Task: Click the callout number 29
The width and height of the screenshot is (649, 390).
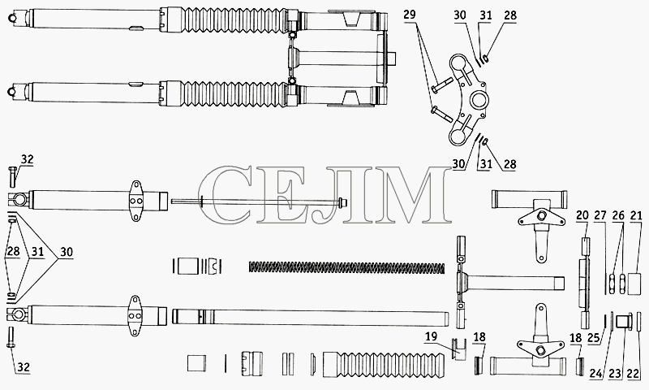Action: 410,15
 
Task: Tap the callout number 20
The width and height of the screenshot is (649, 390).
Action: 582,215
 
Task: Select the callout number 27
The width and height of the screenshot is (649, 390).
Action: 600,215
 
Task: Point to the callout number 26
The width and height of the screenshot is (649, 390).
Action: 618,215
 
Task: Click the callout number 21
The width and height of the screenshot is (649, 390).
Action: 636,215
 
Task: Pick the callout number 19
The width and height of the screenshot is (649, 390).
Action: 431,336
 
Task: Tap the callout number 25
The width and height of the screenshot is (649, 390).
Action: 594,338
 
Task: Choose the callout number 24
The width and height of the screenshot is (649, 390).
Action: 596,374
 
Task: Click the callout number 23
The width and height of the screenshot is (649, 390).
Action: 615,374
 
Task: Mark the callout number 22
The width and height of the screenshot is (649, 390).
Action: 633,374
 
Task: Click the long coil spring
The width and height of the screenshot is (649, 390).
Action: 347,267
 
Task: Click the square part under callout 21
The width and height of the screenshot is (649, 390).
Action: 635,284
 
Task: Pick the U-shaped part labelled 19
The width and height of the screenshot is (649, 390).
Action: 459,349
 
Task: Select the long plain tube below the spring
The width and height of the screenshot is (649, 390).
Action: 311,318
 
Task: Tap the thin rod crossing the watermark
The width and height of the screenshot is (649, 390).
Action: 259,201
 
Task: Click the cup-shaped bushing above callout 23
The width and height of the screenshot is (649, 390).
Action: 621,321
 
